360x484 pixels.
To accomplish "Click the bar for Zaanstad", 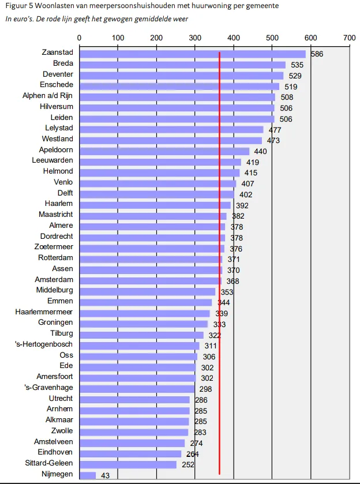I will click(190, 54).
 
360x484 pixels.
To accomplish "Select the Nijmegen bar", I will click(88, 475).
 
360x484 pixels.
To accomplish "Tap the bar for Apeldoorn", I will click(164, 151).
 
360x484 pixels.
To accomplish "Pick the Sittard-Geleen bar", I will click(127, 464).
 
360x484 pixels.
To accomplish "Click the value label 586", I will click(317, 54).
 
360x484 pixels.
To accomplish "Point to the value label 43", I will click(105, 475).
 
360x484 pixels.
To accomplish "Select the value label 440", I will click(261, 151).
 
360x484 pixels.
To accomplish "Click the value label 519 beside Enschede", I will click(291, 87).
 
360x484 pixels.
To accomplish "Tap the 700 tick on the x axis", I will click(349, 37).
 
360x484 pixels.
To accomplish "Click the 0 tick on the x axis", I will click(79, 37).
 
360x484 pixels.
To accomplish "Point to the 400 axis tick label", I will click(234, 37).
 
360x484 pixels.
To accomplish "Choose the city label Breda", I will click(63, 64).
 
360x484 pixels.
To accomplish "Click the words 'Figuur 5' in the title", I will click(17, 7).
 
